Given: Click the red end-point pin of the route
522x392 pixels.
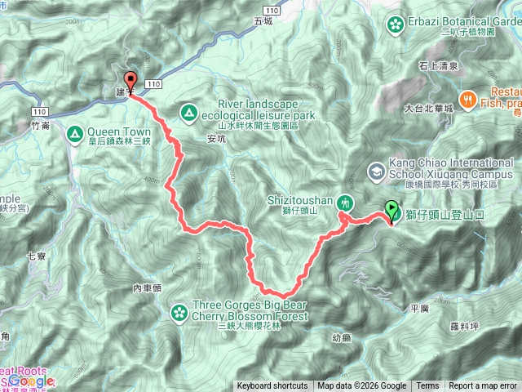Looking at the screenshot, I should tap(131, 82).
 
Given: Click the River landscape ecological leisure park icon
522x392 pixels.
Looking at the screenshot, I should tap(189, 111).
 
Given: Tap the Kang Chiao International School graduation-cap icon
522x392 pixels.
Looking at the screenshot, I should tap(376, 171).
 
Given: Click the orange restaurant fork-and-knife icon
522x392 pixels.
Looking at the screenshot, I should tap(468, 100).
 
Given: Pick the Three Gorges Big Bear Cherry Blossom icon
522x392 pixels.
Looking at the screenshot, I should tap(179, 311).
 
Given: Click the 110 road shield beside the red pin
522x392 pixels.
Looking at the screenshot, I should tap(153, 84).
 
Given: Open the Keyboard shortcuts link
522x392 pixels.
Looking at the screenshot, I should tap(272, 386).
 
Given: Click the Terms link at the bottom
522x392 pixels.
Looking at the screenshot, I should tap(427, 386).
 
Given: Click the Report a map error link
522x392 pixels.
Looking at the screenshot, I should tap(484, 386).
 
